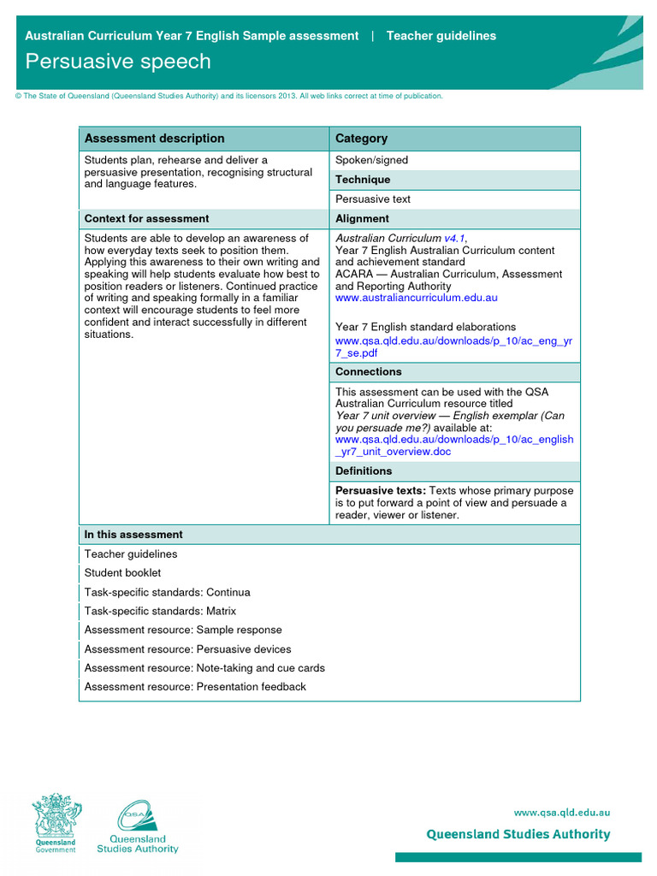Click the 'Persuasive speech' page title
click(x=117, y=62)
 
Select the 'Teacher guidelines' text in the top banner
click(x=441, y=36)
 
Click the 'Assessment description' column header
click(x=154, y=139)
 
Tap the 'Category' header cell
click(x=361, y=139)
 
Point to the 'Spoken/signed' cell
click(x=371, y=160)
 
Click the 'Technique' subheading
click(x=363, y=180)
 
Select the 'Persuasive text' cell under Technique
click(x=373, y=199)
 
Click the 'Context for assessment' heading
click(x=146, y=219)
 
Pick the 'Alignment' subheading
click(x=362, y=219)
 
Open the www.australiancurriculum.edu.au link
click(x=416, y=299)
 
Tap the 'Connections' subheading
click(x=368, y=372)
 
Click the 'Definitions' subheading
click(x=364, y=471)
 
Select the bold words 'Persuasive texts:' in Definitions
click(x=380, y=491)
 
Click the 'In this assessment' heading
click(x=133, y=535)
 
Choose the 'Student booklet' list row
click(x=122, y=573)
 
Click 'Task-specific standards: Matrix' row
click(x=160, y=612)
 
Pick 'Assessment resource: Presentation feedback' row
click(x=195, y=687)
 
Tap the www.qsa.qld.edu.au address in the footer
click(x=561, y=813)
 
